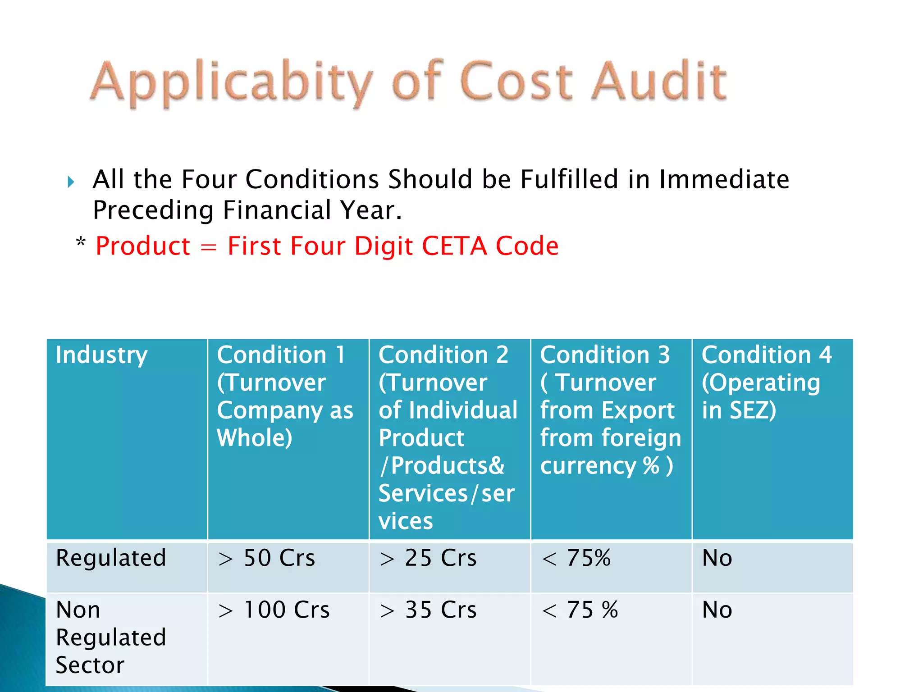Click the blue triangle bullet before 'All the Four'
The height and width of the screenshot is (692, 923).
pos(71,182)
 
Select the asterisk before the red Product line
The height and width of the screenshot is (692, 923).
pos(81,242)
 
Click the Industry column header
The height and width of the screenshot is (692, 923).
pos(101,355)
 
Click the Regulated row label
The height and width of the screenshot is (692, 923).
pos(111,558)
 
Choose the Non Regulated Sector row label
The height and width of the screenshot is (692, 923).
pos(111,637)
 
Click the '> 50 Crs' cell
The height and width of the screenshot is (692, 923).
pos(266,558)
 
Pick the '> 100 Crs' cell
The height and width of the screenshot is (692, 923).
pos(274,610)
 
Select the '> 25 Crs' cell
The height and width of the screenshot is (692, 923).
pos(428,558)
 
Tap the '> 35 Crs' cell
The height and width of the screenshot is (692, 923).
pos(428,610)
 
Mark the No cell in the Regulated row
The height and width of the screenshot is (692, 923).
pos(717,558)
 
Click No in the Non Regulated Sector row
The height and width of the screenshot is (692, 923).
pos(717,610)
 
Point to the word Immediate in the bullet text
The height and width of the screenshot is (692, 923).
pos(724,179)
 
